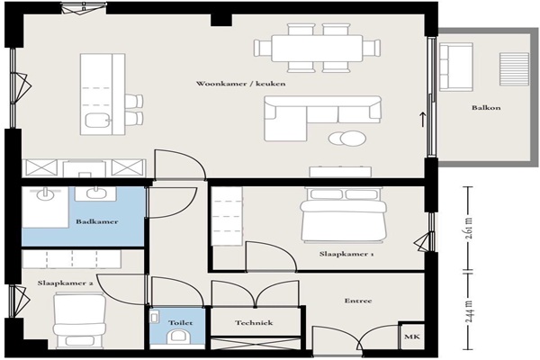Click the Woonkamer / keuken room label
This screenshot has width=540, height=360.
coord(240,84)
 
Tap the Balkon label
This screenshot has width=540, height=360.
coord(486,108)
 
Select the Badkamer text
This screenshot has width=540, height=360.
coord(97,221)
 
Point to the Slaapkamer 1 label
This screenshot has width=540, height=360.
coord(346,254)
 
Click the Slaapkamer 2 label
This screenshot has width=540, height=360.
coord(65,283)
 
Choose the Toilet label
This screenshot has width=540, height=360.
coord(181,323)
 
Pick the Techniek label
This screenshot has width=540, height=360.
coord(254,323)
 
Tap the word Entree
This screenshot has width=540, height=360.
coord(358,301)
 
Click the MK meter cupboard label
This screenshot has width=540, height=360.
coord(412,337)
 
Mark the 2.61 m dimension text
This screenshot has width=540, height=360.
coord(470,228)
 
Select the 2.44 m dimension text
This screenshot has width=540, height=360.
coord(470,311)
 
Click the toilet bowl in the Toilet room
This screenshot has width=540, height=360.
coord(177,337)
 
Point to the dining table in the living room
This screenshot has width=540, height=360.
coord(317,48)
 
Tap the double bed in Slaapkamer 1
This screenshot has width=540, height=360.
coord(344,214)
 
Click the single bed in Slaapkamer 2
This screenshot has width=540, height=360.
coord(79,319)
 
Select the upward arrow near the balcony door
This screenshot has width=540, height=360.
coord(423,119)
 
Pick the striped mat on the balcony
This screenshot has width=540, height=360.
coord(514,69)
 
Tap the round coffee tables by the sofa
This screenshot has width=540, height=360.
coord(347,139)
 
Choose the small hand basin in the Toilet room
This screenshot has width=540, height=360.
coord(155,317)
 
